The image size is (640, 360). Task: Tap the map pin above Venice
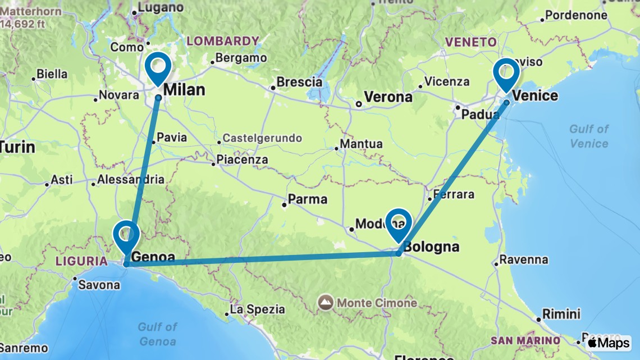pyautogui.click(x=506, y=72)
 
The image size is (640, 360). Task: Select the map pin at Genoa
pyautogui.click(x=126, y=235)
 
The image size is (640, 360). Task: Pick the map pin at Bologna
pyautogui.click(x=399, y=222)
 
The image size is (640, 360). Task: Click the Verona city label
pyautogui.click(x=388, y=97)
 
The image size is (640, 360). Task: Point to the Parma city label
pyautogui.click(x=308, y=199)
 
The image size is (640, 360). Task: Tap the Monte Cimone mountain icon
pyautogui.click(x=326, y=303)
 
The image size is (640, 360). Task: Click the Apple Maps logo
pyautogui.click(x=608, y=343)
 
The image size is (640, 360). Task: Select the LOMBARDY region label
pyautogui.click(x=223, y=41)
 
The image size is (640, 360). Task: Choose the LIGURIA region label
pyautogui.click(x=81, y=261)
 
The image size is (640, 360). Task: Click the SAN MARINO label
pyautogui.click(x=525, y=340)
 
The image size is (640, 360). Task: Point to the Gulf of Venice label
pyautogui.click(x=589, y=136)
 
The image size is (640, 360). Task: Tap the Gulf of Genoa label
pyautogui.click(x=158, y=334)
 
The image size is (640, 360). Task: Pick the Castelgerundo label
pyautogui.click(x=262, y=138)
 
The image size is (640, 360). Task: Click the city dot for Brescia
pyautogui.click(x=273, y=88)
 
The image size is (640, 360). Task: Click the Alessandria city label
pyautogui.click(x=131, y=180)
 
